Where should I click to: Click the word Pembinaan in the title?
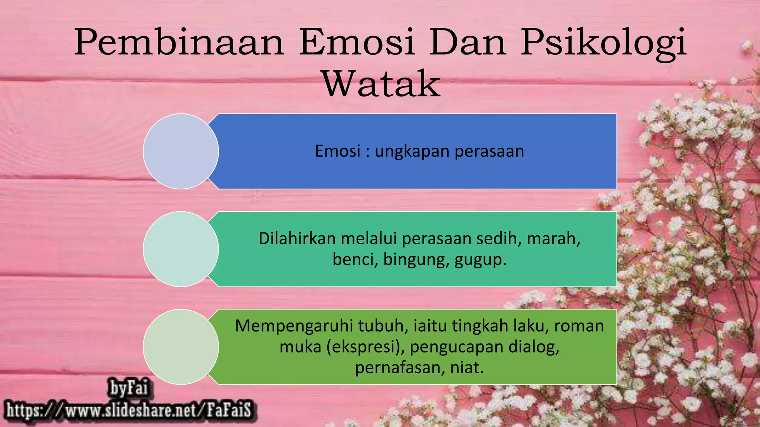[x=179, y=43]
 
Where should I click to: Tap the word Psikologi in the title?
[x=603, y=43]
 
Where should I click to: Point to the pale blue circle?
[x=181, y=151]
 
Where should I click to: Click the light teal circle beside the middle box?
[x=181, y=249]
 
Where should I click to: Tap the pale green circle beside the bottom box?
[x=181, y=347]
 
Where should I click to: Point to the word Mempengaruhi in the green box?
[x=294, y=326]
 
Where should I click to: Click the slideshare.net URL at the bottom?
[x=129, y=410]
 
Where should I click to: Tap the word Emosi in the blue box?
[x=338, y=152]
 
